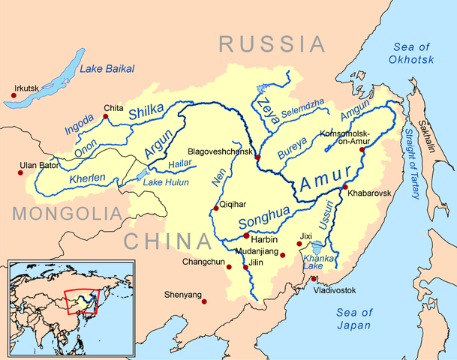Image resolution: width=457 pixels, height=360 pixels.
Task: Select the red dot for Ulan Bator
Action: (x=20, y=172)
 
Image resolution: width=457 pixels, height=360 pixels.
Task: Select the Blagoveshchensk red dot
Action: (x=257, y=157)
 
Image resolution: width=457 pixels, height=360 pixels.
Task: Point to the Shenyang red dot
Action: (x=206, y=303)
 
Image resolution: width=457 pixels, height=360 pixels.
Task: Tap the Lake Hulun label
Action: (x=163, y=182)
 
